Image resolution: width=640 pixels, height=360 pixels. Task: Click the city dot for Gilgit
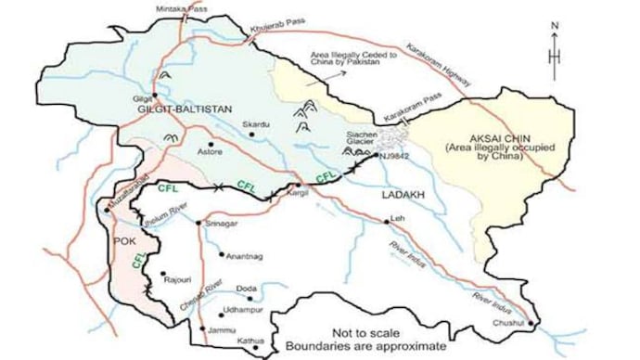tap(156, 95)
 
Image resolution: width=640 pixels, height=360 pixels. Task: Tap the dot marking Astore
tap(211, 145)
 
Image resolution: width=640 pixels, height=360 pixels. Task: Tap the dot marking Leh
tap(387, 221)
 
